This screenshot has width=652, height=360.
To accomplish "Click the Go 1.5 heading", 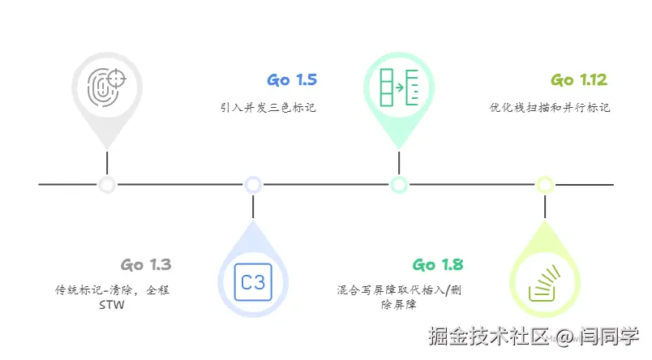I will click(x=292, y=80).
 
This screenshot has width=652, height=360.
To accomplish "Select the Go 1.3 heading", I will click(x=146, y=265).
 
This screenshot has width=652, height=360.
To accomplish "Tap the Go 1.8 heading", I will click(x=437, y=265).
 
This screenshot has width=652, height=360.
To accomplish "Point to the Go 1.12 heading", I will click(x=579, y=80).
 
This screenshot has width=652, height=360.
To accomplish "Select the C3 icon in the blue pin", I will click(x=253, y=283).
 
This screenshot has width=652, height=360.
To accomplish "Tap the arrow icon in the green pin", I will click(x=398, y=85).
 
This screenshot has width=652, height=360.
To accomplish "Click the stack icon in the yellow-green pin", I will click(x=545, y=283).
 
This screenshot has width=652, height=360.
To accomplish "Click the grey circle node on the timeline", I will click(x=106, y=185).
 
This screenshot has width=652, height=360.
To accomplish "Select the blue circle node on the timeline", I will click(x=253, y=185).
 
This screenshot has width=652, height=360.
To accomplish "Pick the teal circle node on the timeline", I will click(x=398, y=185).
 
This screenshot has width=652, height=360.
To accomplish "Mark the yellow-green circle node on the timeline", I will click(x=545, y=185).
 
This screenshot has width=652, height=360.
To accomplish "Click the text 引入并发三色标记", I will click(x=268, y=106).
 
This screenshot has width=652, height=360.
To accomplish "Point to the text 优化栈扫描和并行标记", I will click(x=550, y=106).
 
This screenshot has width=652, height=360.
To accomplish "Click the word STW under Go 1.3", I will click(x=111, y=306).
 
